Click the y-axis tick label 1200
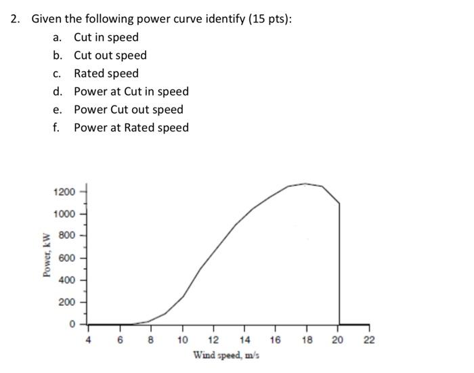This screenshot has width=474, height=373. (x=64, y=192)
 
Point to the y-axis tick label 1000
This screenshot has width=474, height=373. (x=64, y=214)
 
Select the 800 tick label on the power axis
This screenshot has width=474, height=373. (x=66, y=236)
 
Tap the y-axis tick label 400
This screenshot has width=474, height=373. (x=66, y=280)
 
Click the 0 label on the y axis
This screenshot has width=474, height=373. (x=72, y=324)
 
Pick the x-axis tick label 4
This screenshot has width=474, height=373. (x=88, y=340)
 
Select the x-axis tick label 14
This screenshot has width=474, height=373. (x=244, y=340)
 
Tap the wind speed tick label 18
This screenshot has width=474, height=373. (x=307, y=340)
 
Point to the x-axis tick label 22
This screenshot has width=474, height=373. (x=369, y=340)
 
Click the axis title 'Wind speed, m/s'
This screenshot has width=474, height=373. (x=227, y=355)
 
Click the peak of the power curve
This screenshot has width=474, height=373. (x=306, y=183)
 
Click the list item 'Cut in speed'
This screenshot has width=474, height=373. (x=106, y=37)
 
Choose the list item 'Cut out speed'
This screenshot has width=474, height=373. (x=110, y=56)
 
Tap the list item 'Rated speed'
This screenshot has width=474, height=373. (x=106, y=73)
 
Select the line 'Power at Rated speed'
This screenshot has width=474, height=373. (x=131, y=127)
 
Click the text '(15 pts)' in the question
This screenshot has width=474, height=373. (x=269, y=19)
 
